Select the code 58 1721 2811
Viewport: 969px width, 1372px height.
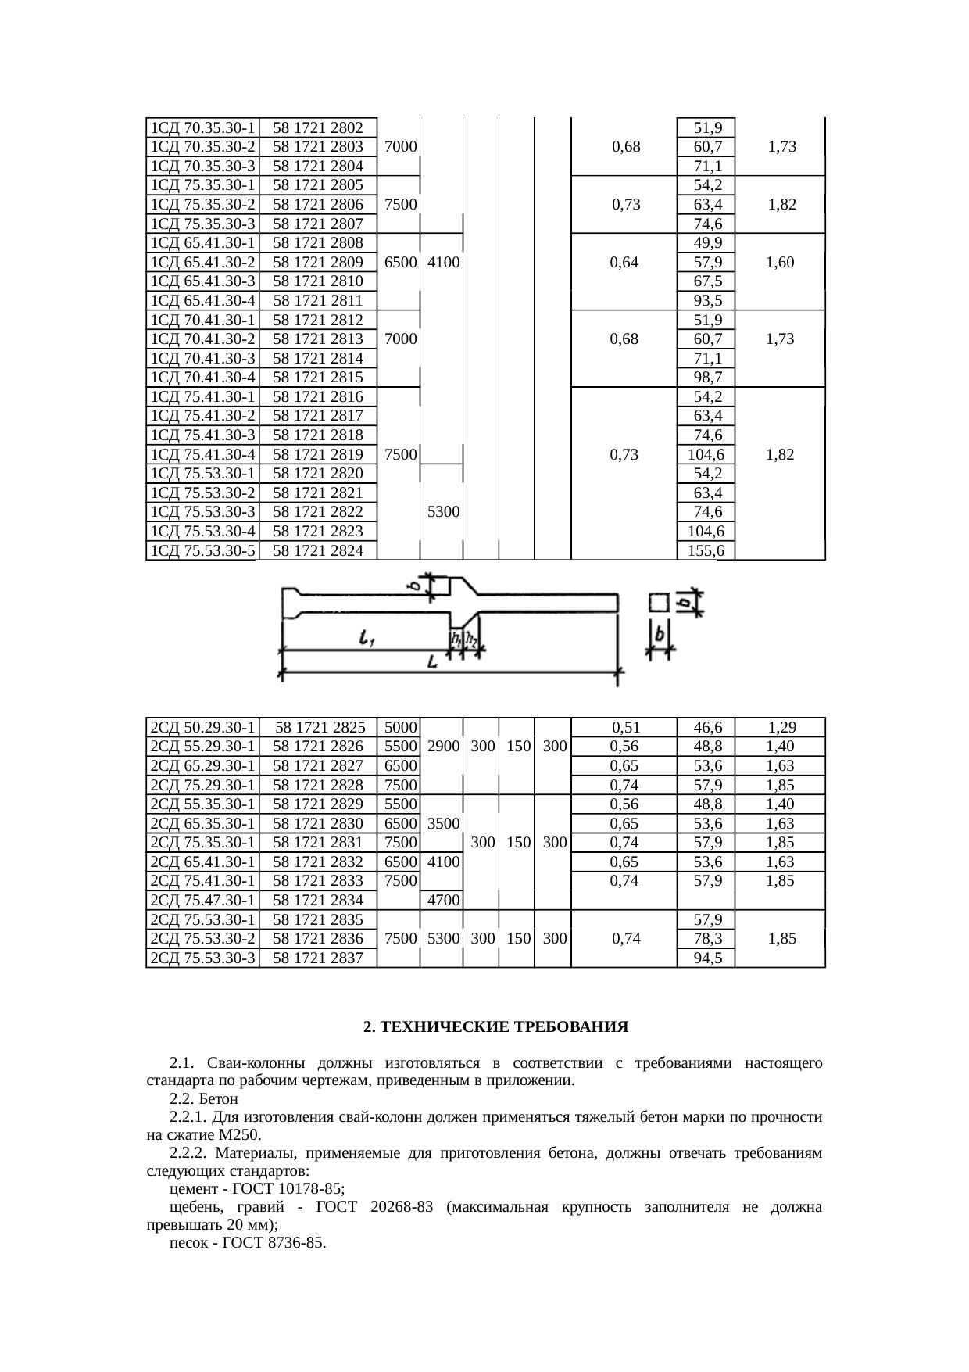[x=318, y=301]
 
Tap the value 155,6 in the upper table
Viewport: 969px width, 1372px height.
[x=706, y=551]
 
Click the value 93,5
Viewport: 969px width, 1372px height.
[x=706, y=301]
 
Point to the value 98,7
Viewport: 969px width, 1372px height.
[x=706, y=378]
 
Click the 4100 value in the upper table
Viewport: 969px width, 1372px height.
[x=442, y=263]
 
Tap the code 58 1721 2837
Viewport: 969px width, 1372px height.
[x=318, y=958]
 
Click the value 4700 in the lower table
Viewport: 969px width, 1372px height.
[x=442, y=901]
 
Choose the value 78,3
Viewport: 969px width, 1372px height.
[x=706, y=938]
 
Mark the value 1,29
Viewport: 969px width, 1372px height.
[x=781, y=728]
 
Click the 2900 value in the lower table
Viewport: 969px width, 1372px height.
[x=442, y=747]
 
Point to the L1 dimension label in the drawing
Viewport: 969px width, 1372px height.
[x=366, y=640]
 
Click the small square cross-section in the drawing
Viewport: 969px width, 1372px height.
[x=659, y=602]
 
